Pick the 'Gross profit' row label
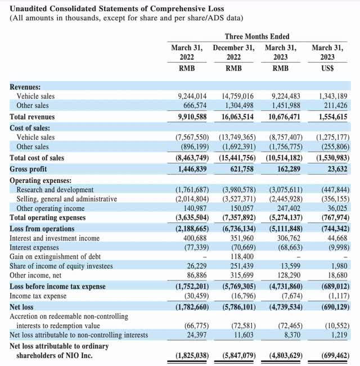coord(29,169)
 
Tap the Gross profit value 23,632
coord(334,169)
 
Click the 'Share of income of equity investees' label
coord(61,266)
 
